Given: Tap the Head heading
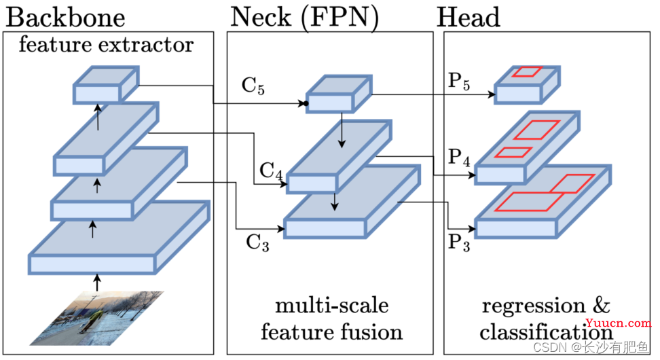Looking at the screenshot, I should [x=468, y=16].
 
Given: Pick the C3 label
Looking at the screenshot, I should [x=257, y=242].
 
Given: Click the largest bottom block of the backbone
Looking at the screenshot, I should [x=115, y=238].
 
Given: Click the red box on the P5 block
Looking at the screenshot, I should [x=528, y=72].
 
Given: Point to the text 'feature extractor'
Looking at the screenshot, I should [x=105, y=46].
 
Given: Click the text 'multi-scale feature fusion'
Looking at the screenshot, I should [x=331, y=318].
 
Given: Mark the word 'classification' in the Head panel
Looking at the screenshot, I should [x=545, y=332].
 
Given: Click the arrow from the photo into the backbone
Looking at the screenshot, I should [x=96, y=281].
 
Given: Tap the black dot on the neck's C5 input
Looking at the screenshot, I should [x=307, y=104].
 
